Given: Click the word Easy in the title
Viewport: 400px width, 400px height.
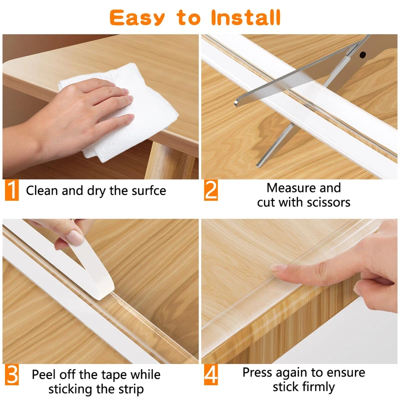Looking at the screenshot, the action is point(137,17).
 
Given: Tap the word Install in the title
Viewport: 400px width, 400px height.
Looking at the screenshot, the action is point(246,17).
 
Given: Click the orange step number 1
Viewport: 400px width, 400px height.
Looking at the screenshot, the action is point(11,190).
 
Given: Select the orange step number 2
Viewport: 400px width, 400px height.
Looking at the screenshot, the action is point(211,190).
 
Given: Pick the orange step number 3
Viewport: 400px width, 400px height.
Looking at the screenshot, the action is point(11,374).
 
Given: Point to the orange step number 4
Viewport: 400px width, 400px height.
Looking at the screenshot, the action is point(211,374).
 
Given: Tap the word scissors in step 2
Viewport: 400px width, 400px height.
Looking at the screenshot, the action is point(328,202).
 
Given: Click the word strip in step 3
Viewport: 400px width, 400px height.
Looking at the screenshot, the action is point(131,389).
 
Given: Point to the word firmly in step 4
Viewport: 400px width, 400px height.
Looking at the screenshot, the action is point(319,387).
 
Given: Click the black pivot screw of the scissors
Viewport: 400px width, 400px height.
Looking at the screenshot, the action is point(362,54).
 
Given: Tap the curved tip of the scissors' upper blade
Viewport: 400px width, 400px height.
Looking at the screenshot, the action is point(236,103).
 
